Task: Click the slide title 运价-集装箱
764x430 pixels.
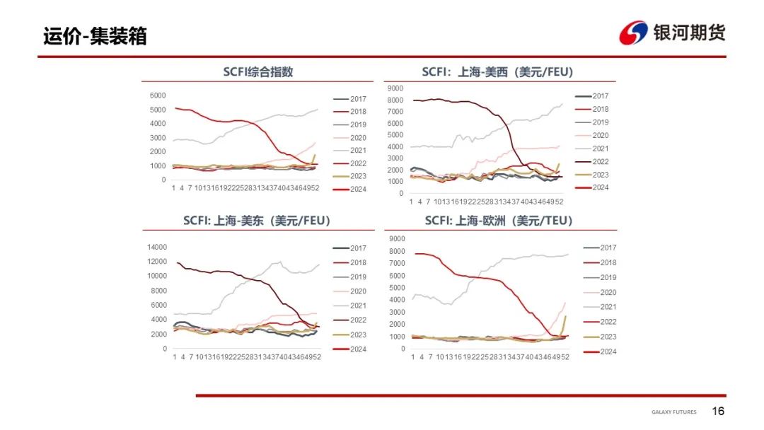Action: pyautogui.click(x=95, y=35)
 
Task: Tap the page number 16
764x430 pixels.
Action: pyautogui.click(x=718, y=412)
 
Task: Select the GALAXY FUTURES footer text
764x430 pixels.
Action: pyautogui.click(x=673, y=412)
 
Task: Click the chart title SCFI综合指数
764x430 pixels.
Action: pyautogui.click(x=258, y=71)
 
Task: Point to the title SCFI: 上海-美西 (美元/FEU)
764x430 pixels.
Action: pyautogui.click(x=497, y=71)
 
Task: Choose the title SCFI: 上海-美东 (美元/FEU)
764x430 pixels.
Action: pyautogui.click(x=257, y=221)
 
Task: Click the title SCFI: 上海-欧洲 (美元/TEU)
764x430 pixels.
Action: pyautogui.click(x=499, y=221)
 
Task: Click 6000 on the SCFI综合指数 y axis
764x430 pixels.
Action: pyautogui.click(x=158, y=95)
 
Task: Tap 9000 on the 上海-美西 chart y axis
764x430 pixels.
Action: pyautogui.click(x=395, y=88)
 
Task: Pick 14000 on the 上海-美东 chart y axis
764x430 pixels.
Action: pyautogui.click(x=156, y=247)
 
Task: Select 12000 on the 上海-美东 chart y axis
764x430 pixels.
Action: pyautogui.click(x=156, y=261)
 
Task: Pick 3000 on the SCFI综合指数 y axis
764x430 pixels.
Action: pyautogui.click(x=158, y=138)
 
